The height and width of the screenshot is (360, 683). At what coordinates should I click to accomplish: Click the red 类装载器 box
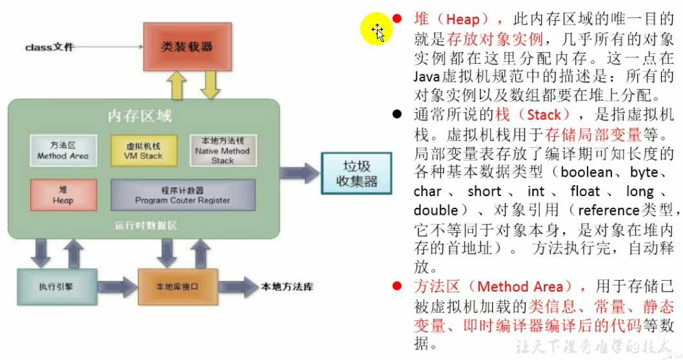click(x=186, y=46)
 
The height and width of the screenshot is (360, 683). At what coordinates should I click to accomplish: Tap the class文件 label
click(x=50, y=47)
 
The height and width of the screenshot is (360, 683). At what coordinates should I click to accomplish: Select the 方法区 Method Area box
click(x=63, y=151)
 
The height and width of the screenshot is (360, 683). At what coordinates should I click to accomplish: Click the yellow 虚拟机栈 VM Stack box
click(x=143, y=151)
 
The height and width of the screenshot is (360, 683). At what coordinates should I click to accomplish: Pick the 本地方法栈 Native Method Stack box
click(x=222, y=151)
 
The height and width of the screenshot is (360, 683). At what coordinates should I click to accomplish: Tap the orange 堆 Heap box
click(x=64, y=195)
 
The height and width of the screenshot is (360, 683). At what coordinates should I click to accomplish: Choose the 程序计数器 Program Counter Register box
click(x=183, y=195)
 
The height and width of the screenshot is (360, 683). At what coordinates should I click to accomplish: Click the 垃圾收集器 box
click(x=357, y=172)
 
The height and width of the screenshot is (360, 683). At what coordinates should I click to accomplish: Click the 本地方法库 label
click(x=288, y=285)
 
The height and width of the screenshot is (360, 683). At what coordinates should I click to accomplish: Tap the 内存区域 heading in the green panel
click(x=139, y=117)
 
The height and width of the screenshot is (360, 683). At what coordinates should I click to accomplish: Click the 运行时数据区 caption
click(x=146, y=226)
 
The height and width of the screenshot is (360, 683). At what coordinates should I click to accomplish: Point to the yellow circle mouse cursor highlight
click(x=376, y=30)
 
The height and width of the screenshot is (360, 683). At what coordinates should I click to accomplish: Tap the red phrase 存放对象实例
click(x=480, y=37)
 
